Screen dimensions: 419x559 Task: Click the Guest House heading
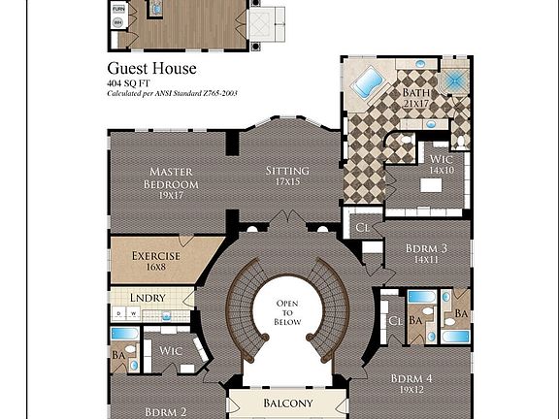pos(151,69)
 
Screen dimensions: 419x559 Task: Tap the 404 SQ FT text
pos(133,84)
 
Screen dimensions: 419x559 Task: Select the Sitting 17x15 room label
pos(287,176)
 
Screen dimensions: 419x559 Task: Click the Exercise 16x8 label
pos(149,262)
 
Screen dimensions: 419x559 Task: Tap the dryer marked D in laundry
pos(118,313)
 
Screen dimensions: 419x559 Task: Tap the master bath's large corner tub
pos(367,83)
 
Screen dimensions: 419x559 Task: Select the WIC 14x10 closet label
pos(442,166)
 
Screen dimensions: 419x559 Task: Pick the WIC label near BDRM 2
pos(171,350)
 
